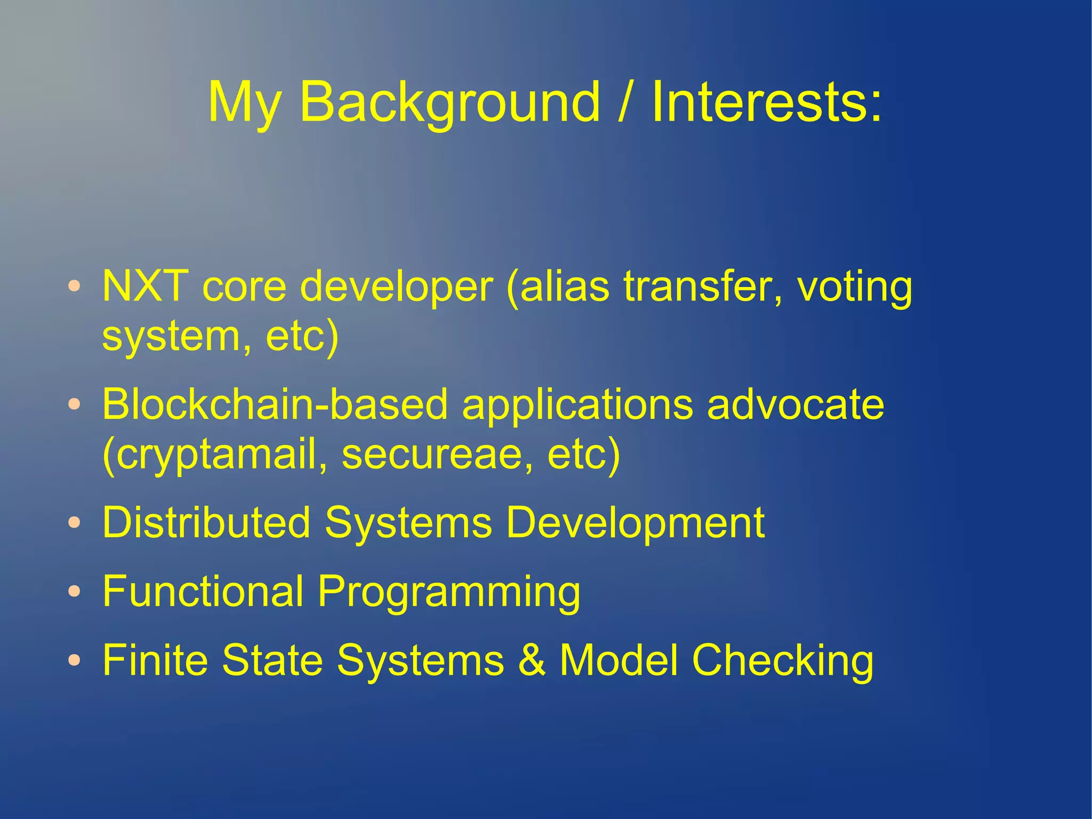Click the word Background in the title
449,102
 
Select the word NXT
145,287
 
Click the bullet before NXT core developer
75,286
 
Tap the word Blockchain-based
275,404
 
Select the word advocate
796,404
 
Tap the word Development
635,523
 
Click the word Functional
203,591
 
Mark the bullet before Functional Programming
75,591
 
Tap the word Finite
155,660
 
